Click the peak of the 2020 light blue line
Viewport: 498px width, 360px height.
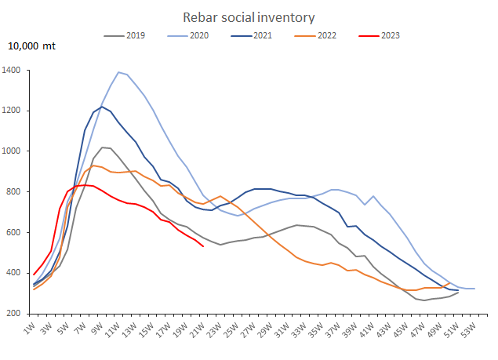pos(118,72)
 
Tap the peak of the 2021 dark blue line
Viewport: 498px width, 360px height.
pos(102,107)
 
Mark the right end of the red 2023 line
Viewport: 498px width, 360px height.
pos(203,246)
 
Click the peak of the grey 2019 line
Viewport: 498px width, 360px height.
pos(102,147)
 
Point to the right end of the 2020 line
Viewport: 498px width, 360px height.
pos(474,289)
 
